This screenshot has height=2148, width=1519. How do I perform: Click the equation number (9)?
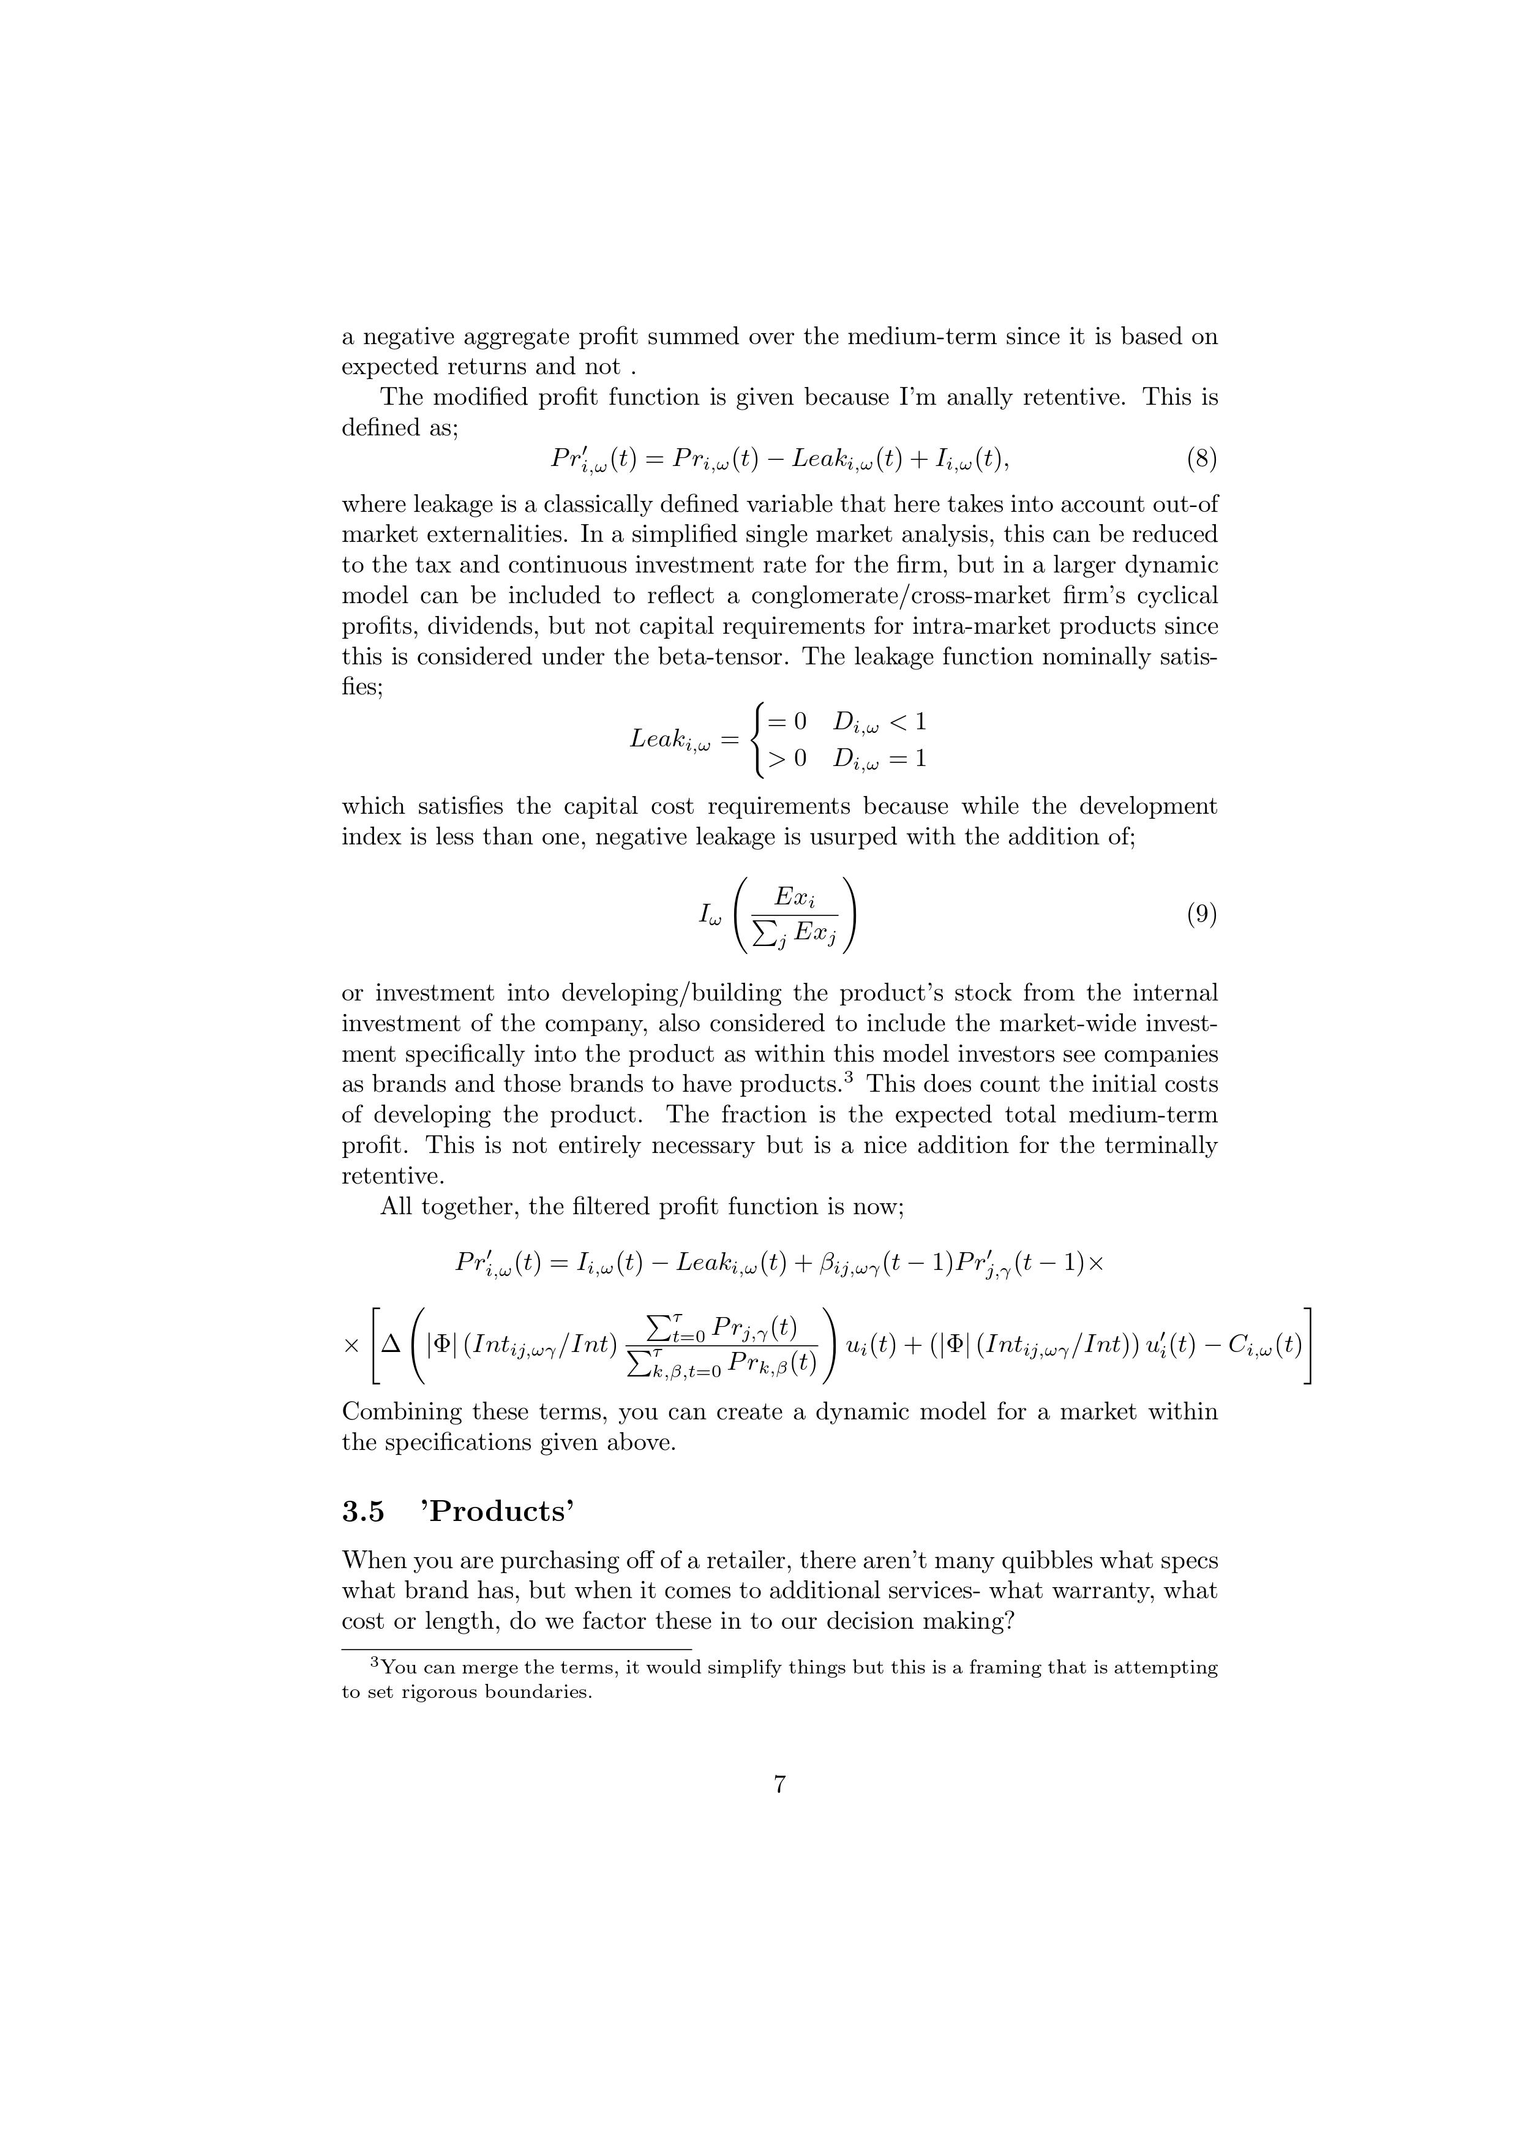1202,914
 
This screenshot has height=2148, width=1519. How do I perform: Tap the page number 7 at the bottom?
779,1785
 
